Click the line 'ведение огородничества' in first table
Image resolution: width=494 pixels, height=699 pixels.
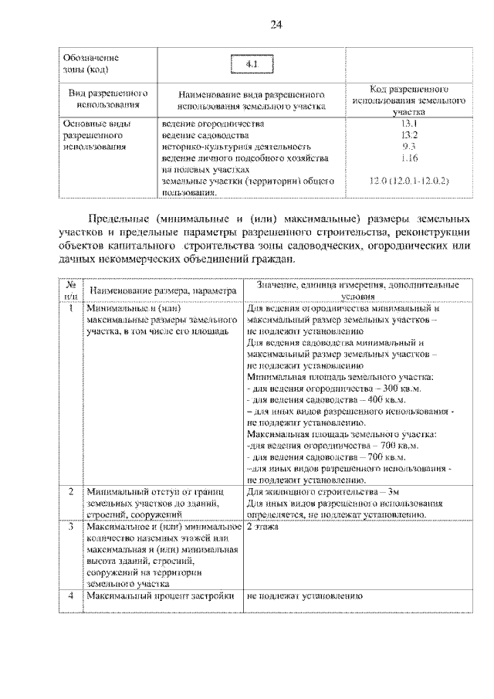213,124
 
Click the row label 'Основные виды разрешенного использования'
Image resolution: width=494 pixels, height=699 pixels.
96,134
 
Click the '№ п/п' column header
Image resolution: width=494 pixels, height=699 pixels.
70,290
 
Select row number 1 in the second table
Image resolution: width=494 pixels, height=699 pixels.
70,309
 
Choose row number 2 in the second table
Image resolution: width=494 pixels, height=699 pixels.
70,491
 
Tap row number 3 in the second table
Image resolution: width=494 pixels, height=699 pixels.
70,528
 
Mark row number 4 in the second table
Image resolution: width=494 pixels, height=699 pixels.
70,597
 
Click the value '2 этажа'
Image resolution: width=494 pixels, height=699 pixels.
263,528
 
